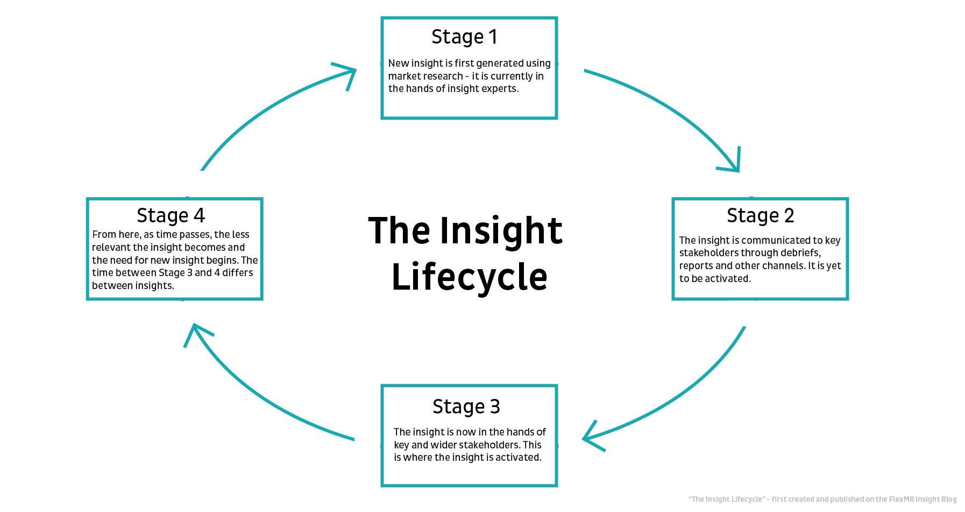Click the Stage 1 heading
[x=464, y=37]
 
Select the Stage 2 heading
[x=760, y=216]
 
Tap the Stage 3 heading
[x=466, y=407]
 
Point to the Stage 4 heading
[x=171, y=216]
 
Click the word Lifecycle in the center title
[x=469, y=277]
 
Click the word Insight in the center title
[x=501, y=231]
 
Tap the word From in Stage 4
[x=104, y=235]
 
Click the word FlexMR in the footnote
[x=902, y=500]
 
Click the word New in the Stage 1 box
[x=399, y=64]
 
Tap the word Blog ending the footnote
[x=949, y=500]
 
